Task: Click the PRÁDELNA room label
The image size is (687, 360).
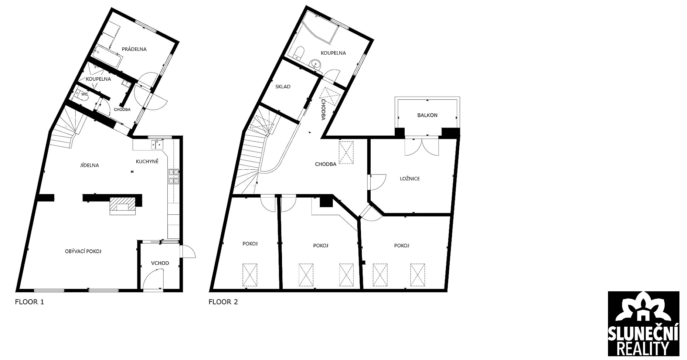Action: (134, 49)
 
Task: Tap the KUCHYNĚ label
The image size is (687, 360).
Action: (147, 161)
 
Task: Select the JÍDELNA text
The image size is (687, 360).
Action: (89, 165)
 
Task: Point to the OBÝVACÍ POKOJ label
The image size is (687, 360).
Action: (83, 251)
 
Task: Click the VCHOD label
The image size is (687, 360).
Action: (160, 263)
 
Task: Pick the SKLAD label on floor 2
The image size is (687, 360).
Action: (283, 87)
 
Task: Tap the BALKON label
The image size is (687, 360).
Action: (427, 115)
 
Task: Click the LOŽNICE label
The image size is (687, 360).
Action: (410, 179)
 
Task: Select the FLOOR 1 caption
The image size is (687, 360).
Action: (30, 302)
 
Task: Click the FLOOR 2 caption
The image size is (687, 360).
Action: (223, 302)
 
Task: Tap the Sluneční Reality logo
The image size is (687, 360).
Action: (643, 323)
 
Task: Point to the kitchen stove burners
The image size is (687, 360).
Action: (173, 177)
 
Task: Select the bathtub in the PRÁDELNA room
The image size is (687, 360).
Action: (108, 57)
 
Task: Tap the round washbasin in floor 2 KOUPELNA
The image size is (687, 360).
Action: (316, 64)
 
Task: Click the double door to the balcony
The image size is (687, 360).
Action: (422, 146)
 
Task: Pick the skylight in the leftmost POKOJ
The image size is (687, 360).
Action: (250, 275)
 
